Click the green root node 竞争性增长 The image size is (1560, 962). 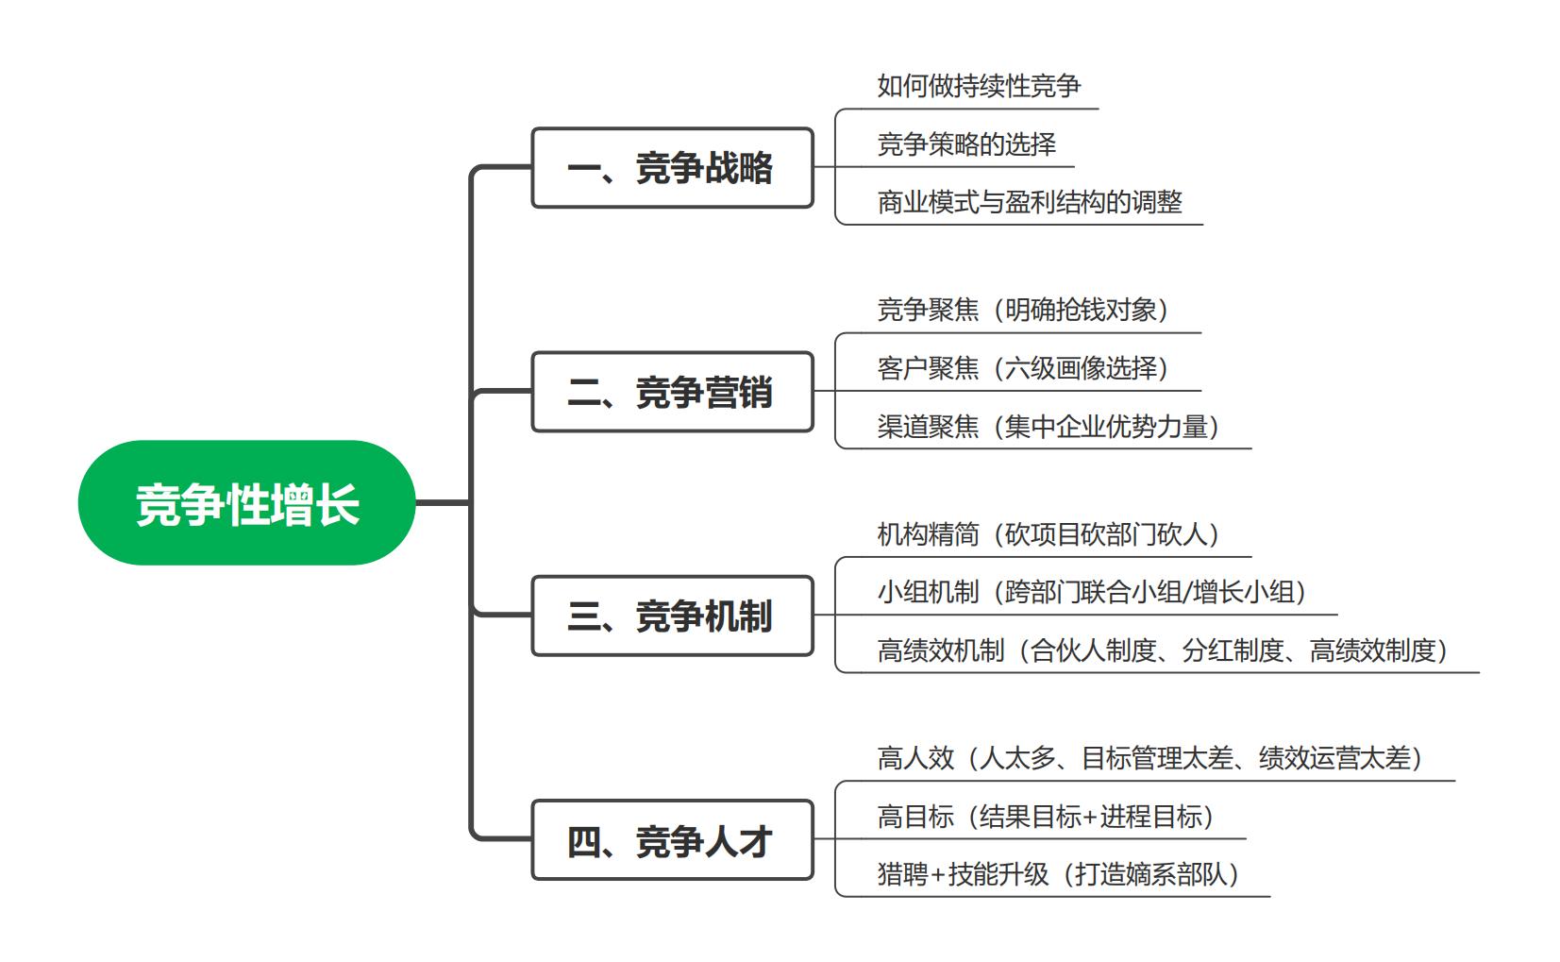[x=246, y=502]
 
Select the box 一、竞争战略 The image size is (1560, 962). [x=672, y=167]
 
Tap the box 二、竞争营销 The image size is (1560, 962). [x=672, y=392]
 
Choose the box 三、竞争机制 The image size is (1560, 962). [x=672, y=616]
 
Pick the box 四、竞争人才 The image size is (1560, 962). [x=672, y=840]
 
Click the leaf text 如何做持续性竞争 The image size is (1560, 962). [x=979, y=86]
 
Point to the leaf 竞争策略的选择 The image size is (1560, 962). [x=966, y=144]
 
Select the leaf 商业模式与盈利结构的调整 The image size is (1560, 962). [x=1030, y=202]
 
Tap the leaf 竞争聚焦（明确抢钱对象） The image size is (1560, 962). [x=1023, y=310]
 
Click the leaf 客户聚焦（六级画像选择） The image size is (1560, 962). [x=1023, y=368]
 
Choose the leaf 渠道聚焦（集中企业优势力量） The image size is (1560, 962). [x=1048, y=427]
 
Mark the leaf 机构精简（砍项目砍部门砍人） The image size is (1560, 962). [x=1048, y=534]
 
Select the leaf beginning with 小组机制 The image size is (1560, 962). [x=1092, y=592]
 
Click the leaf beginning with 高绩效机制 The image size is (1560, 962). [x=1163, y=650]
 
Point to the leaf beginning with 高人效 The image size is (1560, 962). [x=1150, y=758]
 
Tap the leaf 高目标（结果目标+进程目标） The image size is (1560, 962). [x=1046, y=817]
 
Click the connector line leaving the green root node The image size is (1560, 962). [x=443, y=502]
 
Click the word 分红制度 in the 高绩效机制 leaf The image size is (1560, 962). [x=1233, y=650]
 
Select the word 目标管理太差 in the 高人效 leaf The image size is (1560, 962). [x=1157, y=758]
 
